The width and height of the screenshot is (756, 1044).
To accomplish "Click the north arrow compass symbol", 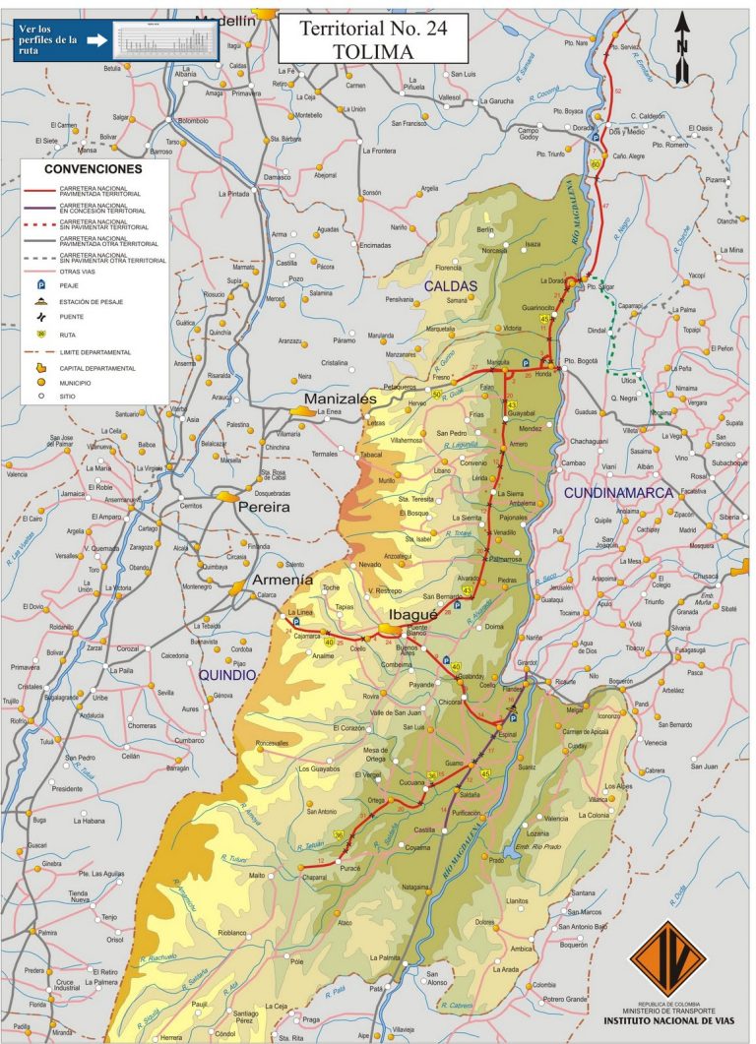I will click(x=682, y=34).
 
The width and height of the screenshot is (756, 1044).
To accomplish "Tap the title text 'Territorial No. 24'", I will click(x=358, y=29).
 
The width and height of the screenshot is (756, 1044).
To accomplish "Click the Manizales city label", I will click(x=341, y=399).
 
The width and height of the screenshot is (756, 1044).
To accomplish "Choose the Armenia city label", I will click(x=283, y=580).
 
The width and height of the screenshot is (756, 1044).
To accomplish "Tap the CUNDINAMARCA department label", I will click(x=617, y=491).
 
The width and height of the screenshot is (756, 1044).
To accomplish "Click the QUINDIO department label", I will click(x=227, y=675).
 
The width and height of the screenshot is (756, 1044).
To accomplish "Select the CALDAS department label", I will click(x=450, y=286).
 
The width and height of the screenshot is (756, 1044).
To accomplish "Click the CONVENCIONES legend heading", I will click(x=96, y=169).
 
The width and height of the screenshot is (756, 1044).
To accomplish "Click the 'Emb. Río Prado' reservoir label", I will click(x=537, y=845).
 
